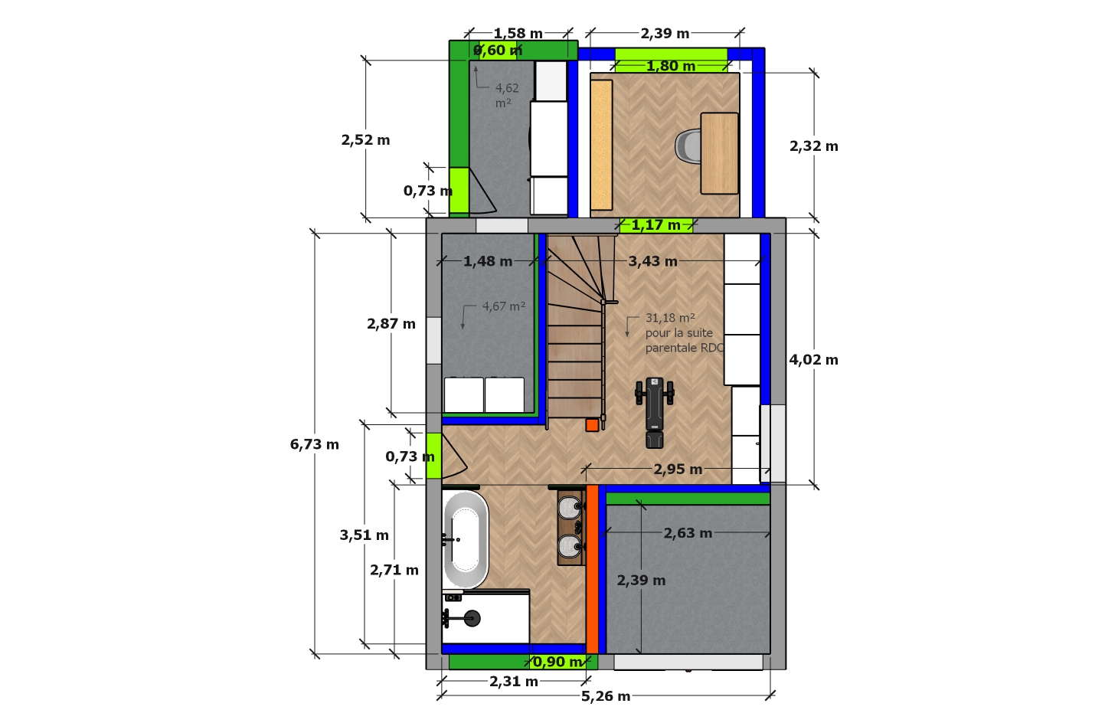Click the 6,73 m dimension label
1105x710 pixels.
314,444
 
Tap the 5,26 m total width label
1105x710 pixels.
606,696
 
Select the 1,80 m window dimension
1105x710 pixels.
671,66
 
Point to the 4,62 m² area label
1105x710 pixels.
507,95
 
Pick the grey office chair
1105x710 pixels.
688,146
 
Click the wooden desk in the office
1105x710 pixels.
720,153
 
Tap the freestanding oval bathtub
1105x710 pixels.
466,540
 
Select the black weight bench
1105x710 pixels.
655,413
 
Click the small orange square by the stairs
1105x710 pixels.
592,425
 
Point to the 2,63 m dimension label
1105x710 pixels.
688,533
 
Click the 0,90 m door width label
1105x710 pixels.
558,662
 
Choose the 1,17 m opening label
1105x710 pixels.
656,225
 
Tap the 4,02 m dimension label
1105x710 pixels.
813,360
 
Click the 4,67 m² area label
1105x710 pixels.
504,306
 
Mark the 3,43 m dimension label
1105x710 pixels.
652,261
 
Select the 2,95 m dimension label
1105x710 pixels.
678,470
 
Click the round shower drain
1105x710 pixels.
472,618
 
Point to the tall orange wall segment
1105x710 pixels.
592,569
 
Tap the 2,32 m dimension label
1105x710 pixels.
814,146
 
